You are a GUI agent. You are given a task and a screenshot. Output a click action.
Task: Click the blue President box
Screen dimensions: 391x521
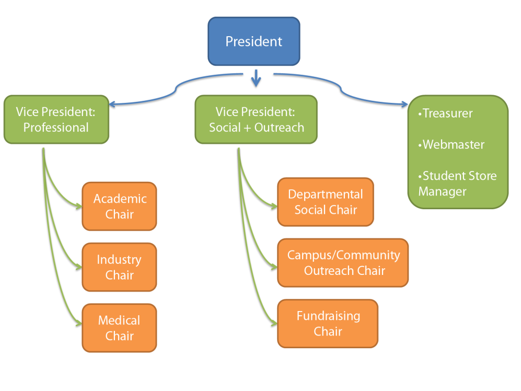pyautogui.click(x=253, y=41)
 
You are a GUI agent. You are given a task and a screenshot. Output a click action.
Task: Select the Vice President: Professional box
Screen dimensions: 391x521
pyautogui.click(x=56, y=119)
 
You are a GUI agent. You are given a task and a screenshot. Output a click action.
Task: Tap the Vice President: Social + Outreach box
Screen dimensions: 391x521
pyautogui.click(x=256, y=119)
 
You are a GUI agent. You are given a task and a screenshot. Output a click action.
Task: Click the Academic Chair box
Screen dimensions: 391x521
pyautogui.click(x=120, y=206)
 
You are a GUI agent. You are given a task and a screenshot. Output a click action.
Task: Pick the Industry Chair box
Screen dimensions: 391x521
pyautogui.click(x=120, y=267)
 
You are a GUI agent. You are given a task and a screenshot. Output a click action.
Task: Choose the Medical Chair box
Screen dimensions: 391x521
pyautogui.click(x=120, y=328)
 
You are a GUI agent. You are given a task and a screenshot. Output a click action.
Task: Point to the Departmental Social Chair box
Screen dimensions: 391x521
pyautogui.click(x=325, y=202)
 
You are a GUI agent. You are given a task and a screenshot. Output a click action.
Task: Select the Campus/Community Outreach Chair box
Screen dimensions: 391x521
pyautogui.click(x=343, y=263)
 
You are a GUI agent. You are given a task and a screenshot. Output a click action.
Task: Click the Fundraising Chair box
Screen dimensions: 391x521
pyautogui.click(x=328, y=323)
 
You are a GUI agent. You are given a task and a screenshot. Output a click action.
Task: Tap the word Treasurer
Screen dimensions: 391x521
pyautogui.click(x=447, y=114)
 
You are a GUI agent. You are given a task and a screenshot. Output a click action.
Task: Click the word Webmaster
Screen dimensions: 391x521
pyautogui.click(x=453, y=145)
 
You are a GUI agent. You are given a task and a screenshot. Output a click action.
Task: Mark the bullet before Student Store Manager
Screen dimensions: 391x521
pyautogui.click(x=420, y=176)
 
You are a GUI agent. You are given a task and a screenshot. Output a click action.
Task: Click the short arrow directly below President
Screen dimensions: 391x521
pyautogui.click(x=256, y=79)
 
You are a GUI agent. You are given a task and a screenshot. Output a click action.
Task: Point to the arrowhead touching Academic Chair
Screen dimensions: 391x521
pyautogui.click(x=78, y=206)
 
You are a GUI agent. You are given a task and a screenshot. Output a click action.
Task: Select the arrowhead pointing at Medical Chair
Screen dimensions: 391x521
pyautogui.click(x=78, y=323)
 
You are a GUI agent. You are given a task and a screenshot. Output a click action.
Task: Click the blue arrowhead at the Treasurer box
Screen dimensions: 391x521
pyautogui.click(x=404, y=105)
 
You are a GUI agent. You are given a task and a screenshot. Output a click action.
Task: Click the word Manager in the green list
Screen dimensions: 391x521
pyautogui.click(x=442, y=191)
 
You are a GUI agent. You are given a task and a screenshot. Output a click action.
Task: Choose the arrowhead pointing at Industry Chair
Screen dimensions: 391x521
pyautogui.click(x=78, y=266)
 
